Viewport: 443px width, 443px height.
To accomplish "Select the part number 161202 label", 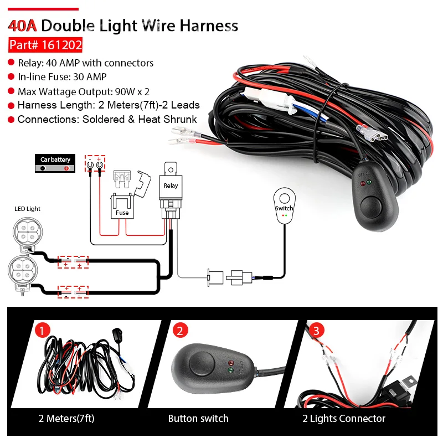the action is [x=45, y=45].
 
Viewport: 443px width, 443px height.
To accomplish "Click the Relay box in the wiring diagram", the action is [x=171, y=185].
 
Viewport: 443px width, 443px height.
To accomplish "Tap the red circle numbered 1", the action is [x=43, y=331].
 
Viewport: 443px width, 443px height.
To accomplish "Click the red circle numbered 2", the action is [x=179, y=331].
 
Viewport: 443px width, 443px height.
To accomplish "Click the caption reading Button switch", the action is [x=198, y=419].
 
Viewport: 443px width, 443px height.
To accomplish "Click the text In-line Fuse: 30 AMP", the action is [x=62, y=77].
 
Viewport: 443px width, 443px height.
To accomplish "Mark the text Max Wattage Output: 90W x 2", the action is [x=83, y=91].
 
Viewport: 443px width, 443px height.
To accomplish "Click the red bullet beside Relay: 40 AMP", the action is [x=11, y=63].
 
